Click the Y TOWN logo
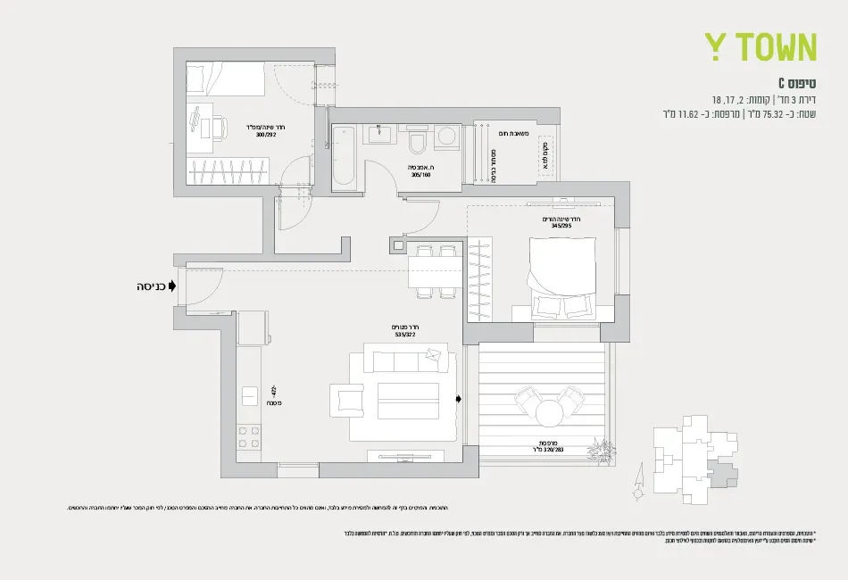coord(761,47)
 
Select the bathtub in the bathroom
coord(344,157)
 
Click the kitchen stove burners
coord(249,436)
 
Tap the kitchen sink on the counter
coord(249,394)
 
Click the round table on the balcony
coord(548,412)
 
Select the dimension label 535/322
coord(406,336)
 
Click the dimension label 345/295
coord(561,226)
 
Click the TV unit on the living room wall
coord(406,455)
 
